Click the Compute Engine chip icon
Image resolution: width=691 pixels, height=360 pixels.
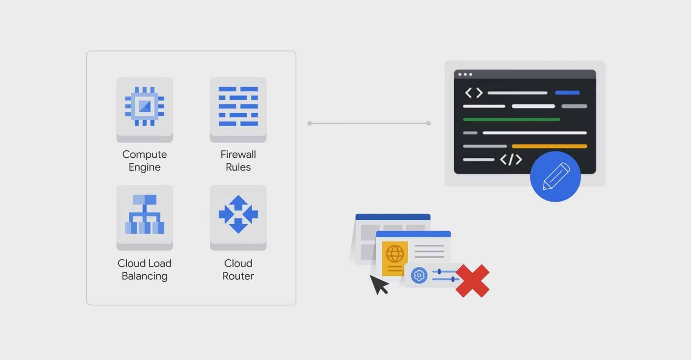click(144, 106)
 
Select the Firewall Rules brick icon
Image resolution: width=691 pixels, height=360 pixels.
click(238, 106)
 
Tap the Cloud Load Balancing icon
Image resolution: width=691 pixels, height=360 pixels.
click(144, 215)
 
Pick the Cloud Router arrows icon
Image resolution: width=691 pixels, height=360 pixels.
click(238, 215)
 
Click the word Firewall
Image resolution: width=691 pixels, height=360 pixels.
click(238, 154)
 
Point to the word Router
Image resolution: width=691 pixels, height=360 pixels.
click(238, 276)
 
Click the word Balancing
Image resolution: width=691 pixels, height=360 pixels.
click(144, 276)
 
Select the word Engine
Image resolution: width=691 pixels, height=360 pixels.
click(144, 167)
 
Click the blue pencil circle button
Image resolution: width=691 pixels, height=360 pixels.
click(555, 176)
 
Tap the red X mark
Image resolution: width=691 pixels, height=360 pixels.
click(473, 281)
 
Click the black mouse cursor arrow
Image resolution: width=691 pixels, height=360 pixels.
click(378, 284)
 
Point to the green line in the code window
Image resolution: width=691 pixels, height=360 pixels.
click(511, 120)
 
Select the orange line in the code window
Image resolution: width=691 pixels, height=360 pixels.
click(549, 146)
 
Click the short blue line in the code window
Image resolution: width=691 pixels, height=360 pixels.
click(567, 93)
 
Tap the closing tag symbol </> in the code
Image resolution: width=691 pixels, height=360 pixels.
click(511, 159)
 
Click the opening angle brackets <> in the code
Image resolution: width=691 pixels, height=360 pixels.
click(474, 93)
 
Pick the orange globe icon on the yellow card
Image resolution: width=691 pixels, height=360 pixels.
click(395, 254)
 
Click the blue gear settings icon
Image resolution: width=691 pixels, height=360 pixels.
click(419, 276)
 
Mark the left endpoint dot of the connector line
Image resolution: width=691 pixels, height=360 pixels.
click(310, 123)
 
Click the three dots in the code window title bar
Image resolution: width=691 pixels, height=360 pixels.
click(465, 75)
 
